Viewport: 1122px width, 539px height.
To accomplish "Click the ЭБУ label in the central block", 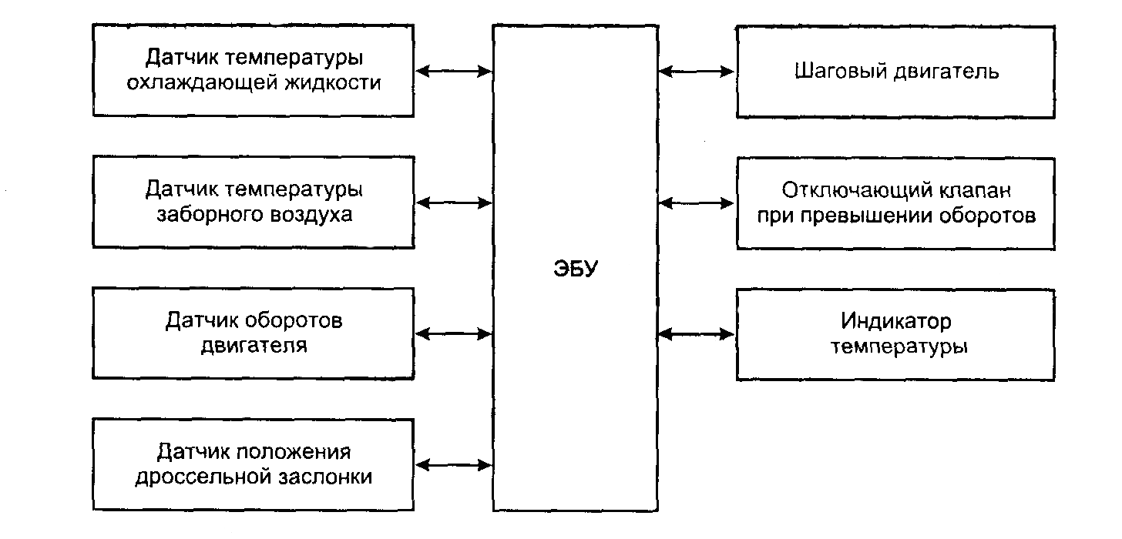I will (x=576, y=270).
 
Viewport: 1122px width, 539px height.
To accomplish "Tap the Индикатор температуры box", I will (x=895, y=333).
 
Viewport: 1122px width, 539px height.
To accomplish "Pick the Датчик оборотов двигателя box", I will (x=254, y=333).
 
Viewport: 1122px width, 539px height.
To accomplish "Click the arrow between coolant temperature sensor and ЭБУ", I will (x=454, y=72).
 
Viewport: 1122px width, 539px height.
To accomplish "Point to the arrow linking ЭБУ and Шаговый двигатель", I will (x=697, y=72).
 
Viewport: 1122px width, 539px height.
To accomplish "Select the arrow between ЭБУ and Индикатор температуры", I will (x=697, y=334).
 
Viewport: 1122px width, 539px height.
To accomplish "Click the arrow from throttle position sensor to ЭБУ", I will (x=454, y=465).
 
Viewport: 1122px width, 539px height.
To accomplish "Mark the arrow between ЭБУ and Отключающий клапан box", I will (x=697, y=203).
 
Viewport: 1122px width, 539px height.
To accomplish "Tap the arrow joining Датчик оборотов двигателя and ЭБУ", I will (x=454, y=334).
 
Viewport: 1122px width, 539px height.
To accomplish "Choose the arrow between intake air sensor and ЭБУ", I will (x=454, y=203).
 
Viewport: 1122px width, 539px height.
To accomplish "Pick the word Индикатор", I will (x=896, y=320).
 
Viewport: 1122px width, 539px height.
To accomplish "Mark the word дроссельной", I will (x=203, y=477).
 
